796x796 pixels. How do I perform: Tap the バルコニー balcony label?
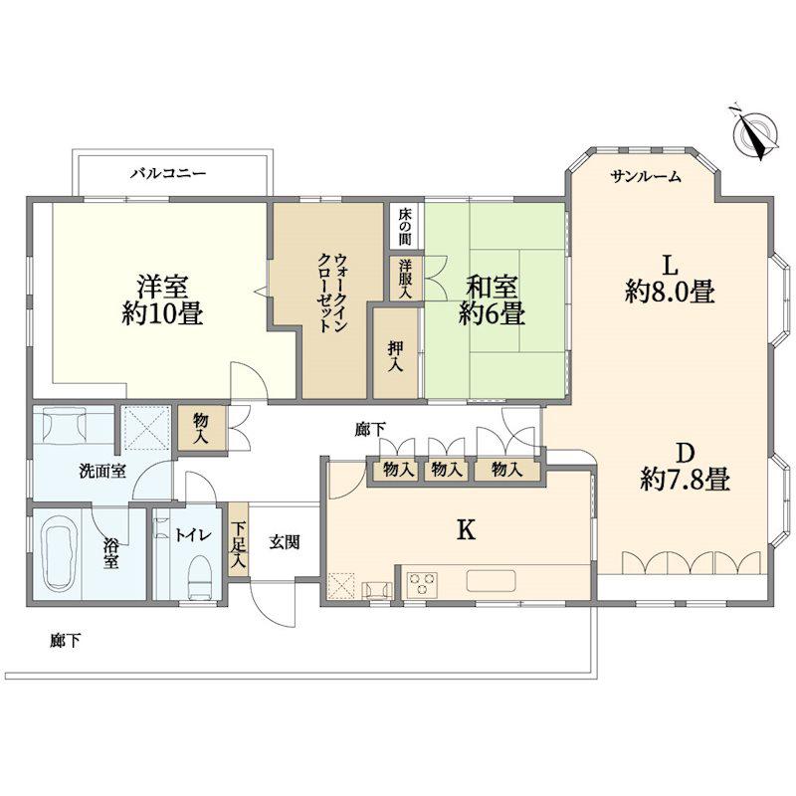[168, 174]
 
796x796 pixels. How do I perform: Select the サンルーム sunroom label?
[645, 177]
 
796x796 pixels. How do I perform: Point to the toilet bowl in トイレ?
[200, 578]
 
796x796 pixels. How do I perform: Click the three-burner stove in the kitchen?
[423, 583]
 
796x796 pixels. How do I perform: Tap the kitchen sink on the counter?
[492, 581]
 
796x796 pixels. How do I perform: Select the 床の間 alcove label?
[405, 226]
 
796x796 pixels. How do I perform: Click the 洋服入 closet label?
[405, 279]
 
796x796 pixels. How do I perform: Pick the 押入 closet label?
[395, 355]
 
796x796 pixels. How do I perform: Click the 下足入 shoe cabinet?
[238, 539]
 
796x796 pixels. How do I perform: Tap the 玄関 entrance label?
[285, 542]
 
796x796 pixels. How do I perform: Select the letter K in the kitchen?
[466, 530]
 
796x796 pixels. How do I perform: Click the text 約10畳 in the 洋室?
[162, 312]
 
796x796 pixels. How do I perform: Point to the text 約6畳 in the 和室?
[492, 313]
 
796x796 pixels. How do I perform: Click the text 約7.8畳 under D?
[686, 479]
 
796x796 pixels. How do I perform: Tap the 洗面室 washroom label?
[102, 471]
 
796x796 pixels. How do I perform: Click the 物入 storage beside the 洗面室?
[201, 428]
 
